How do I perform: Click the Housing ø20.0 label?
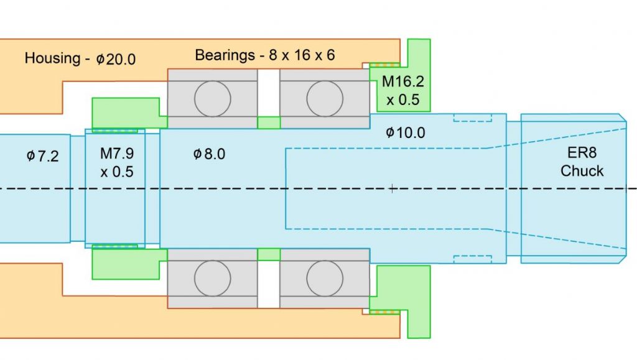80,59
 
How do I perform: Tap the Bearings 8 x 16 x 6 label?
265,55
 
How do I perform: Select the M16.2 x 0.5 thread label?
401,90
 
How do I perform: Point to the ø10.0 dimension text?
405,132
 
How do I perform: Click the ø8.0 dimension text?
209,154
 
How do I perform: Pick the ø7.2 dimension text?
42,156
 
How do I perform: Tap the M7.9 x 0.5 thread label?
117,162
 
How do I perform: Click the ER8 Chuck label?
582,162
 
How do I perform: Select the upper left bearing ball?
213,98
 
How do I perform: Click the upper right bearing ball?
325,98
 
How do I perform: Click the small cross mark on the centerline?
392,188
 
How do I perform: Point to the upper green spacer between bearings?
269,122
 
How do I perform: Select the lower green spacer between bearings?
269,254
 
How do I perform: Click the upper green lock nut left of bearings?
124,112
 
